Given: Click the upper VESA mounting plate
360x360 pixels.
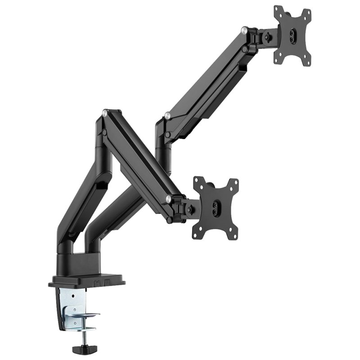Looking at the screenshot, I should click(292, 36).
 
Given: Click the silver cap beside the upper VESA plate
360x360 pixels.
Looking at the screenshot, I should click(243, 31).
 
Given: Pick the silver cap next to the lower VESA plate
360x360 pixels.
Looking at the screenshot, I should click(168, 198).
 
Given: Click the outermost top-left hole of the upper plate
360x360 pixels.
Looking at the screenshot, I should click(277, 9).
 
